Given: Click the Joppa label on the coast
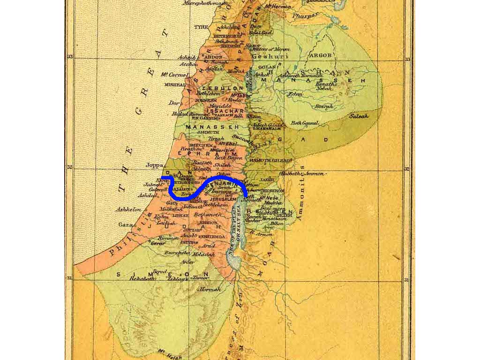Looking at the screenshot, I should point(155,165).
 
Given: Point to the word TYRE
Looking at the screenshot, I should point(201,27).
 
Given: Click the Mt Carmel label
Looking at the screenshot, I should point(171,75).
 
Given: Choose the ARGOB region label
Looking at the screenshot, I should point(321,55).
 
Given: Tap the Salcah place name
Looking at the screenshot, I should point(359,116).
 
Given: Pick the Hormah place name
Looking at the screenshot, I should point(210,290).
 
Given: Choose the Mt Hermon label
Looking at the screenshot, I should point(277,7).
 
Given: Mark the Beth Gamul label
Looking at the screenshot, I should point(305,123).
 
